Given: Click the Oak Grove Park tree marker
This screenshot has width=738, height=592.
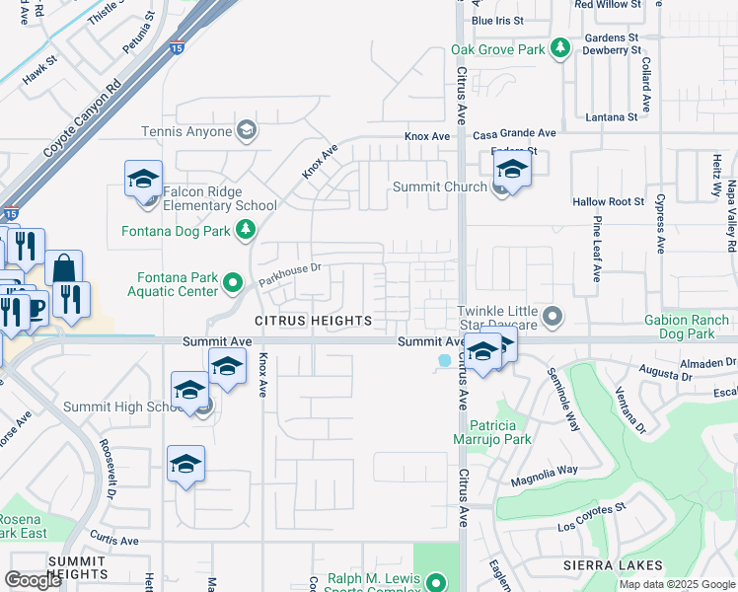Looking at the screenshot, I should coord(561,47).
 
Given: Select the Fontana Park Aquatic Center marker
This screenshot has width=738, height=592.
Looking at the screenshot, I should coord(233,284).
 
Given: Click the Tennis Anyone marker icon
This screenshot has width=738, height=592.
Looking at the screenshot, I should coord(246,131).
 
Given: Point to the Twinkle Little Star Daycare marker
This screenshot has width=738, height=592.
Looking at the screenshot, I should coord(553,318).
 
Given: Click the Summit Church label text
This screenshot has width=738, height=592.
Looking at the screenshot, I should coord(440,186).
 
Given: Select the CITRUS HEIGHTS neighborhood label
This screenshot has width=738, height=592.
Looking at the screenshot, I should coord(313,321).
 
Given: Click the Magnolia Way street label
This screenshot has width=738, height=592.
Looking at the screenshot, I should coord(544,476).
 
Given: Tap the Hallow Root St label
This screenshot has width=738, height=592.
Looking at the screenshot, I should coord(608,201).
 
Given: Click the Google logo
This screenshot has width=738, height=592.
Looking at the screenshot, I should coord(33,580).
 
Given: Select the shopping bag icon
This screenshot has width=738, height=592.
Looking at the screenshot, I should coord(63,268).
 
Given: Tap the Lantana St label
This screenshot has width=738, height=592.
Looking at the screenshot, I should coord(611,117).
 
